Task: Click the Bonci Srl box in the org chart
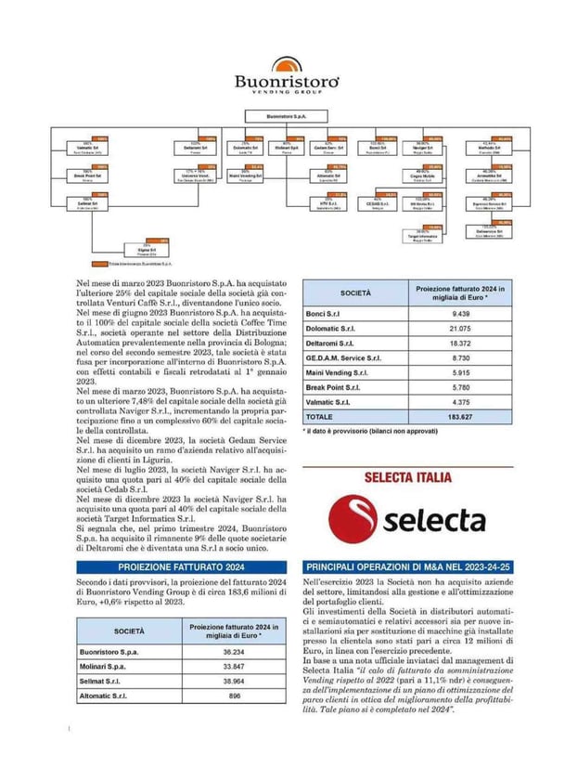[377, 148]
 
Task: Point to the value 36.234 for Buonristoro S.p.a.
[234, 653]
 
